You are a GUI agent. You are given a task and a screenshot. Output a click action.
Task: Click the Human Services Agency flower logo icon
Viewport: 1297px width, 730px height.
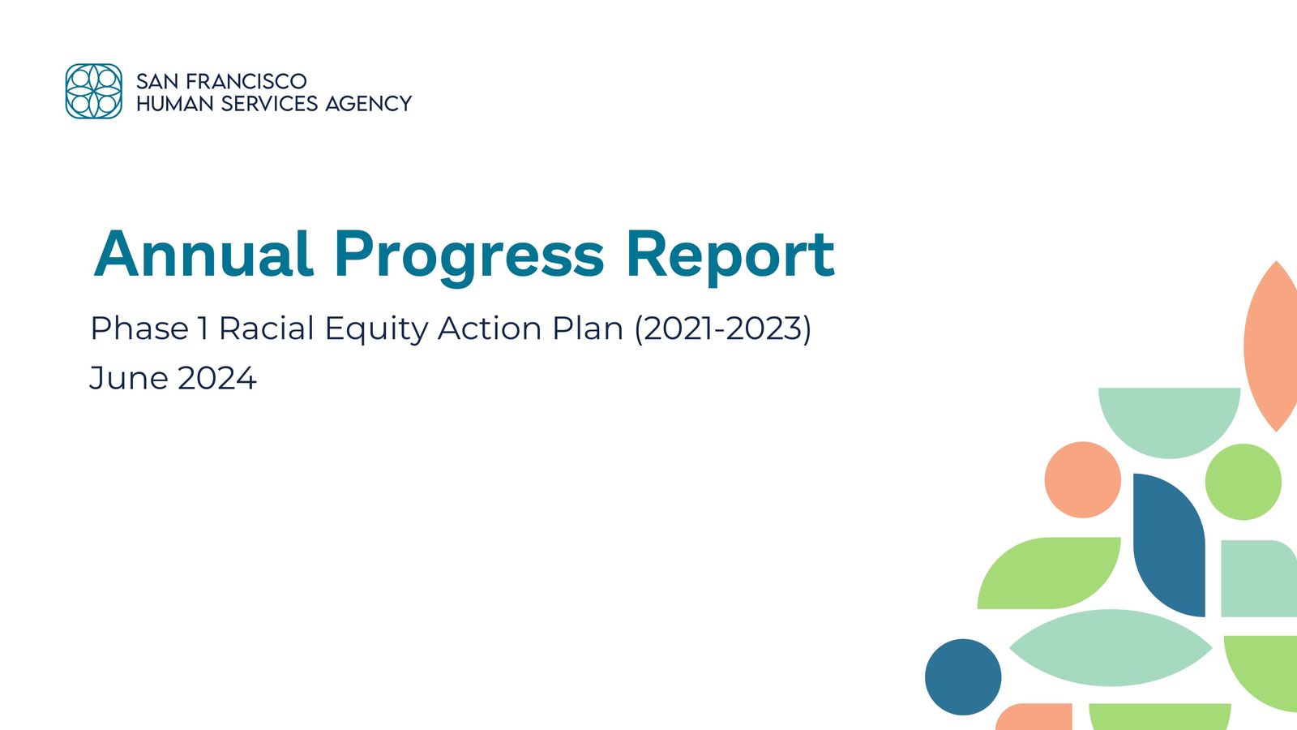pyautogui.click(x=94, y=91)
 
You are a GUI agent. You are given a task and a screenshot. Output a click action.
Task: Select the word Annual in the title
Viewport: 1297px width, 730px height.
pyautogui.click(x=203, y=255)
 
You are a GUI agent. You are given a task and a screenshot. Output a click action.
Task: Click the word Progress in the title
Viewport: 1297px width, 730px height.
pyautogui.click(x=469, y=255)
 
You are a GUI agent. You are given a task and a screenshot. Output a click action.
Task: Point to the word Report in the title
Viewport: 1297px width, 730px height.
pyautogui.click(x=729, y=255)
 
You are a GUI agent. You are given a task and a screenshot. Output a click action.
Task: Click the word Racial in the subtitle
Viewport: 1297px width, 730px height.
pyautogui.click(x=266, y=328)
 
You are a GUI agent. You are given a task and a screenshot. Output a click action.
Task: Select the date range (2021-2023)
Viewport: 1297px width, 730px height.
pyautogui.click(x=722, y=328)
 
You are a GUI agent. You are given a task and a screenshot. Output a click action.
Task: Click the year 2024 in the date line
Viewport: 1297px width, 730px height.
pyautogui.click(x=216, y=378)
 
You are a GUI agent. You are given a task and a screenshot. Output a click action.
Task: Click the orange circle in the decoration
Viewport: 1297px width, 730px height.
pyautogui.click(x=1082, y=479)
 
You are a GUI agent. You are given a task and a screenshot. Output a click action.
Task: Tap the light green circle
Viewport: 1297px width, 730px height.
pyautogui.click(x=1243, y=482)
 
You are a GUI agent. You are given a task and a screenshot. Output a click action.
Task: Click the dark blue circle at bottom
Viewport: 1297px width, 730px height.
pyautogui.click(x=963, y=676)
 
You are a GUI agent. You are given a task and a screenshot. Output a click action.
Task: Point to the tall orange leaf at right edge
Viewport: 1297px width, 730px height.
pyautogui.click(x=1271, y=347)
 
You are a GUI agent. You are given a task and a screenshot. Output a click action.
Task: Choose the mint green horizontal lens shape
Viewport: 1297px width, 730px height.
pyautogui.click(x=1111, y=648)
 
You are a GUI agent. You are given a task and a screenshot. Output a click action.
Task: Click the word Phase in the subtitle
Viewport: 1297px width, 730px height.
pyautogui.click(x=139, y=328)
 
